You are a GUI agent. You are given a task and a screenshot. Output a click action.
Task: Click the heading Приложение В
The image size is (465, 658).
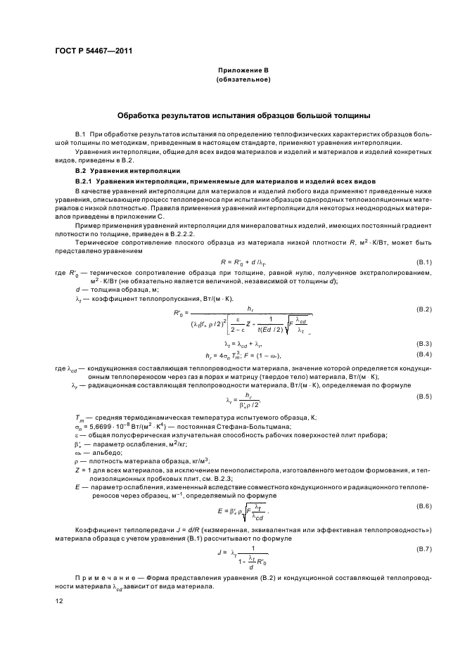point(243,72)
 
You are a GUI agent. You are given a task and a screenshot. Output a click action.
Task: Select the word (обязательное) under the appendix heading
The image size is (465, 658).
point(243,80)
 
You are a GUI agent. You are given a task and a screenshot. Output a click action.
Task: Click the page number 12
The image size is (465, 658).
point(58,602)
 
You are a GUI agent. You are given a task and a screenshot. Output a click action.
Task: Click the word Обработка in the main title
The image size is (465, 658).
point(141,115)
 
